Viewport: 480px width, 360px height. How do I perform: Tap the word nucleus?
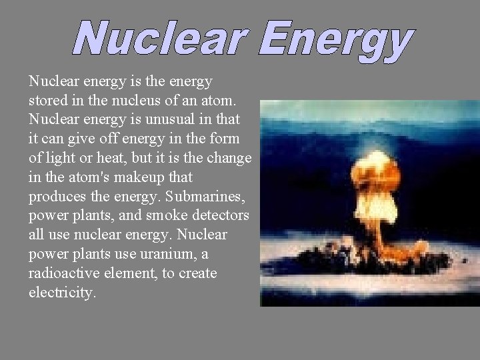click(133, 101)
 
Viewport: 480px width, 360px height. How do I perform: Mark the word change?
click(229, 159)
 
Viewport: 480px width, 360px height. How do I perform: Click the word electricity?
click(62, 293)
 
